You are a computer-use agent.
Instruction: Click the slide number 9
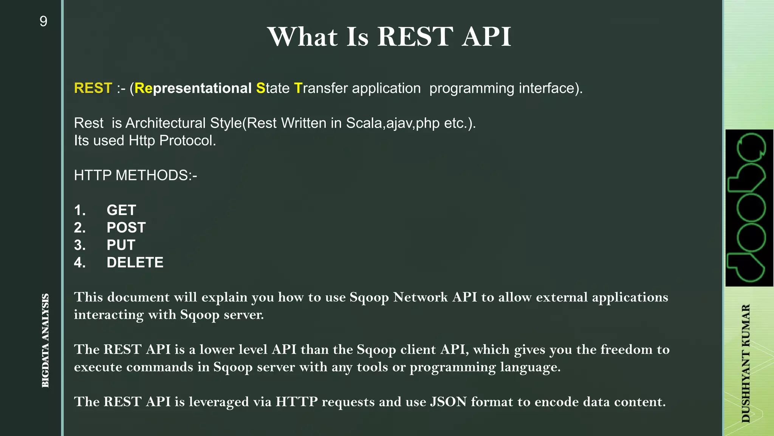click(x=43, y=22)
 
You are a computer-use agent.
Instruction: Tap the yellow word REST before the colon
click(x=93, y=88)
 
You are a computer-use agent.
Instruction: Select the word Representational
click(x=193, y=88)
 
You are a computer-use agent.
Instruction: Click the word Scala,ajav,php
click(x=393, y=123)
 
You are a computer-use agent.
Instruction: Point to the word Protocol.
click(x=187, y=141)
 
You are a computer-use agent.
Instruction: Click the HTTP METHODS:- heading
click(x=135, y=176)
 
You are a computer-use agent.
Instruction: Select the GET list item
click(x=121, y=210)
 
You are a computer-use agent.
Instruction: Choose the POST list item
click(x=126, y=227)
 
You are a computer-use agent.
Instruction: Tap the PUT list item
click(x=121, y=245)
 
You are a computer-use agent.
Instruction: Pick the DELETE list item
click(x=135, y=262)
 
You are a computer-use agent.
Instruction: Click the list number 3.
click(x=80, y=245)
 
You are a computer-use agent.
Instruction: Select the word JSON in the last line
click(x=448, y=402)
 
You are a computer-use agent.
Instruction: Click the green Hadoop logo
click(x=749, y=208)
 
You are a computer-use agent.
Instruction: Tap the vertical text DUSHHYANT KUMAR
click(x=746, y=363)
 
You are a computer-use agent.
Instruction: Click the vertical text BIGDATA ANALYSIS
click(x=45, y=340)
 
